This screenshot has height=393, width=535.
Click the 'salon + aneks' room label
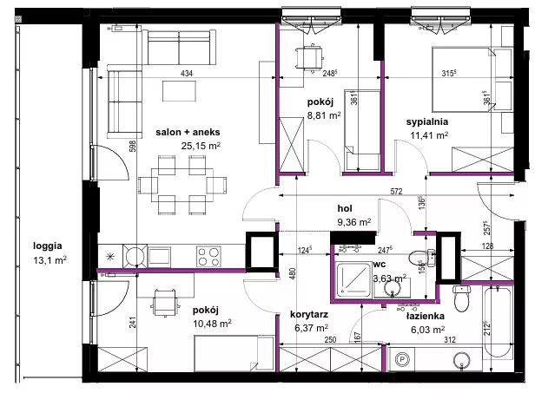click(188, 132)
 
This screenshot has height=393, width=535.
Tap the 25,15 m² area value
click(201, 146)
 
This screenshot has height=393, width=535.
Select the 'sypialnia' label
click(427, 122)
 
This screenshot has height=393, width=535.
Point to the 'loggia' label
click(48, 246)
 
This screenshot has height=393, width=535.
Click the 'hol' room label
click(345, 208)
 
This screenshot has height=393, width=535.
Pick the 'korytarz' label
click(309, 314)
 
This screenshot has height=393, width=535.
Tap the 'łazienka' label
click(426, 316)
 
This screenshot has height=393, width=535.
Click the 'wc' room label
click(380, 264)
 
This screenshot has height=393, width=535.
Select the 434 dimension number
click(186, 73)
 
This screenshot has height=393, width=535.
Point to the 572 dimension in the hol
click(396, 191)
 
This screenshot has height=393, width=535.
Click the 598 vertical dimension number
click(133, 146)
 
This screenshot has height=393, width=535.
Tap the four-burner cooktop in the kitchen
click(208, 256)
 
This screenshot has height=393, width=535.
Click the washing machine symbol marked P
click(401, 359)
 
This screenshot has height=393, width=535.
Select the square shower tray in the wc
click(353, 279)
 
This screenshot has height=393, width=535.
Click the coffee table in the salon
click(179, 91)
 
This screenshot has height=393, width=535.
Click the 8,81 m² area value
click(324, 115)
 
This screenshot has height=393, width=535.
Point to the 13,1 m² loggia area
click(50, 260)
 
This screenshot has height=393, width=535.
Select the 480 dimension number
click(294, 274)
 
